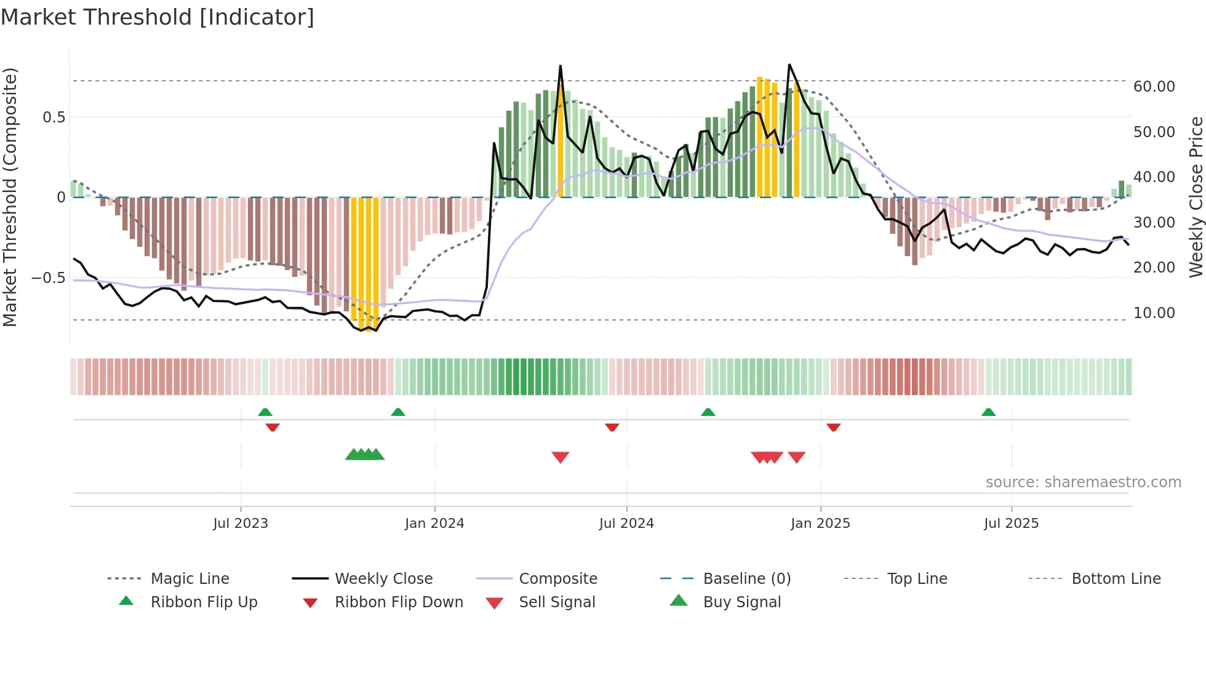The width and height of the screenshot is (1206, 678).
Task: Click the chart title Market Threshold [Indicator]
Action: tap(158, 17)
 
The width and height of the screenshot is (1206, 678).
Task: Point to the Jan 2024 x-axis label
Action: tap(434, 523)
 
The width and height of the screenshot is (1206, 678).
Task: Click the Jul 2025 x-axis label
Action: tap(1011, 523)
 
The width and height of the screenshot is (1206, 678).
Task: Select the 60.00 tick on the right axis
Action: tap(1154, 87)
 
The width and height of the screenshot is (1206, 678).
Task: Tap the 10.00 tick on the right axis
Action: tap(1154, 313)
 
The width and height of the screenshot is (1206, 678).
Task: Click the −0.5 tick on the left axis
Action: tap(49, 277)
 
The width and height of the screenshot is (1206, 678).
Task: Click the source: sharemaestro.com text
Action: tap(1083, 482)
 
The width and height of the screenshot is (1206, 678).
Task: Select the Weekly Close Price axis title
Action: tap(1196, 197)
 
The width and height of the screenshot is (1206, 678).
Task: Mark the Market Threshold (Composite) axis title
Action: tap(10, 197)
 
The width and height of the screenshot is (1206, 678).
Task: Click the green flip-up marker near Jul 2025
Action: tap(988, 412)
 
